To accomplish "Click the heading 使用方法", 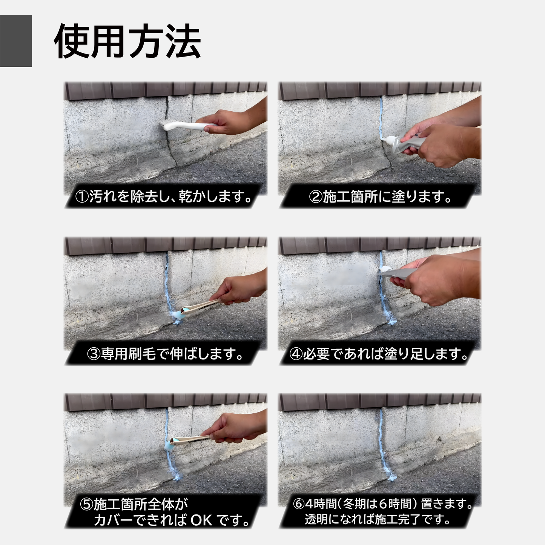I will [x=127, y=41].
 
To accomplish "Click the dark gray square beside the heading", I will [x=16, y=41].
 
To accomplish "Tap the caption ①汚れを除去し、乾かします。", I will [x=164, y=197].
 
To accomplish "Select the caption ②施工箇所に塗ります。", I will [x=380, y=197].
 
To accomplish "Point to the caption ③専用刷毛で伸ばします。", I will [x=165, y=354].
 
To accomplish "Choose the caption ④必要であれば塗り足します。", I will [x=379, y=354].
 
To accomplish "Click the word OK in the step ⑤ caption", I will [x=201, y=520].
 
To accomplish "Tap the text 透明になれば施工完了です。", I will [x=378, y=519].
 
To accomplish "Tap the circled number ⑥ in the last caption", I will [x=298, y=504].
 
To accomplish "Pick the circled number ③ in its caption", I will [x=94, y=354].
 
